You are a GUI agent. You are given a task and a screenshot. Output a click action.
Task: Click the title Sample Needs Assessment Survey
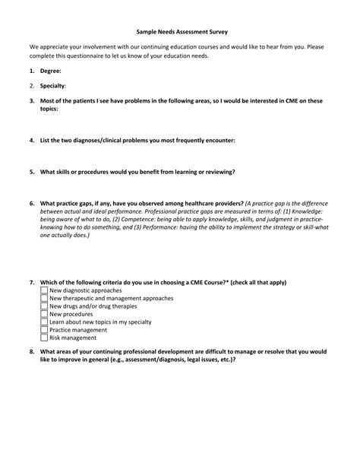coord(181,33)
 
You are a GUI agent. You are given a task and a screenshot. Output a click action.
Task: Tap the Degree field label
coord(52,71)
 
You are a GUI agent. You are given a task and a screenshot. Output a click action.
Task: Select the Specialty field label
coord(53,86)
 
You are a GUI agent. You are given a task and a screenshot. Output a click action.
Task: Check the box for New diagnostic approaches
coord(43,290)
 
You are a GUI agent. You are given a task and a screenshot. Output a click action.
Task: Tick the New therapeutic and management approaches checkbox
coord(43,298)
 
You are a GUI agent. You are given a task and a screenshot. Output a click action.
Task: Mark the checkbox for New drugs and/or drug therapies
coord(43,306)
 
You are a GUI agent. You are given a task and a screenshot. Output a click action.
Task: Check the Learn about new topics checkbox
coord(43,322)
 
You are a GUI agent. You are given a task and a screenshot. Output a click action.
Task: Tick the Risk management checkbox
coord(43,338)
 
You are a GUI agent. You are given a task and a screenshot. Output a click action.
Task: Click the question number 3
coord(32,100)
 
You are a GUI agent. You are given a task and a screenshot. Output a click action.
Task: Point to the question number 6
coord(32,204)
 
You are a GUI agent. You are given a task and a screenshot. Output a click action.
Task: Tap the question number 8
coord(32,352)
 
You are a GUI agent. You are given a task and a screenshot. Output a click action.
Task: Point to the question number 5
coord(32,172)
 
